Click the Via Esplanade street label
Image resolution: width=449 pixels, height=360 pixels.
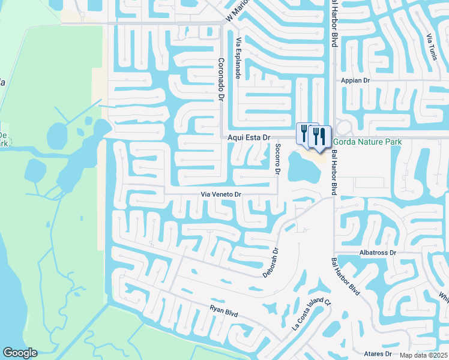[238, 58]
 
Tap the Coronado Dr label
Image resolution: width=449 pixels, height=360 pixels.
[221, 79]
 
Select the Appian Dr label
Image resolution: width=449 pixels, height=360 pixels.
[357, 80]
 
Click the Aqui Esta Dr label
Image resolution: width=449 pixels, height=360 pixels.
[250, 137]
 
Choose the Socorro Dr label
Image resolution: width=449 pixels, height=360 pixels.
[278, 159]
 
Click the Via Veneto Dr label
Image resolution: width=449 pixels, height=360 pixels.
[220, 194]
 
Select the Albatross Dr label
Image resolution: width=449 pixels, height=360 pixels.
[378, 253]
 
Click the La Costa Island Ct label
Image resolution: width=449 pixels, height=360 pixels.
[311, 314]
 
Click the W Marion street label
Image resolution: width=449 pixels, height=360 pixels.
[237, 13]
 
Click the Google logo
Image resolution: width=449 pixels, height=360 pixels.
[20, 353]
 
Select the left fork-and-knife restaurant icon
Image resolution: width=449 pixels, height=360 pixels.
[305, 133]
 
